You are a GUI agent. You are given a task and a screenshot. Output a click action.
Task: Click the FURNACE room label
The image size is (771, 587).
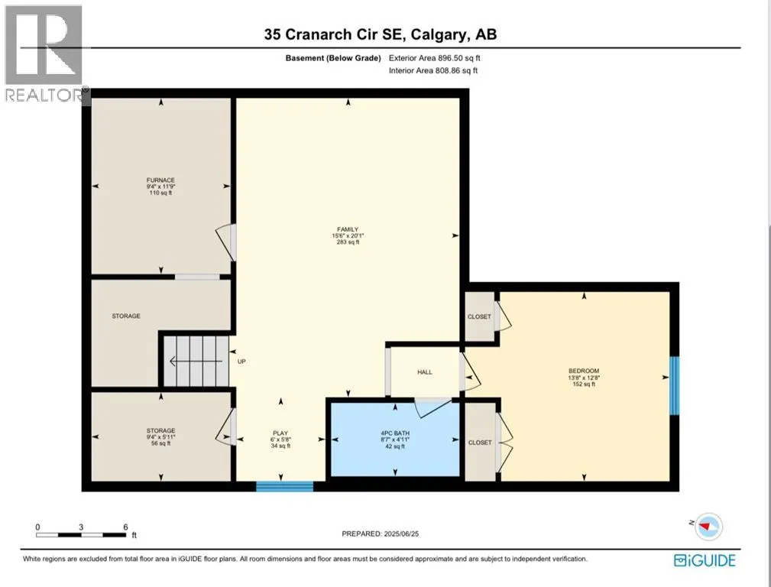point(160,180)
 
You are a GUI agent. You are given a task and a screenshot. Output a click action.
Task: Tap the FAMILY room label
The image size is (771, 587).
point(348,229)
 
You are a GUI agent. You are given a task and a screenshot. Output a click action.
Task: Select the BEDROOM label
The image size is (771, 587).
point(584,371)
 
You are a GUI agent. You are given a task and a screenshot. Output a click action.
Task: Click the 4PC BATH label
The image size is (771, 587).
point(395,433)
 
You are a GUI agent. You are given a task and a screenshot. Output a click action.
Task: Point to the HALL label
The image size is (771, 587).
point(425,372)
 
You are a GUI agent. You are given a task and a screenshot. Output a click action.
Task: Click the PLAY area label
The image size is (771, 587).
point(280,433)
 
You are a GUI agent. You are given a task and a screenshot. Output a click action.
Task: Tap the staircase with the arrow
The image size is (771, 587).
point(196,362)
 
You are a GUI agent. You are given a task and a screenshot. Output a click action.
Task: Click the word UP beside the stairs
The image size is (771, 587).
point(241,362)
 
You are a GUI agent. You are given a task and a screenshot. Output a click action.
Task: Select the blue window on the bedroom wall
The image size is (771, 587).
point(675,385)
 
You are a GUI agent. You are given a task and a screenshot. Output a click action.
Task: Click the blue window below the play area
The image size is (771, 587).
point(285,486)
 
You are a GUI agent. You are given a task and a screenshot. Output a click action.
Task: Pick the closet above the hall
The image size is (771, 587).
point(480,316)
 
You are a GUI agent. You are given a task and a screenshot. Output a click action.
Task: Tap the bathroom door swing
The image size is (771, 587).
point(432,407)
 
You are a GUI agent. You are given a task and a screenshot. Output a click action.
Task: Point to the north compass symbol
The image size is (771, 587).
point(708,526)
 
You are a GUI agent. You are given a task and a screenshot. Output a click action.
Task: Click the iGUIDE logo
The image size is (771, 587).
point(705,560)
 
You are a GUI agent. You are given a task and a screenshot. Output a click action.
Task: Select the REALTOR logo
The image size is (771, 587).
point(45,54)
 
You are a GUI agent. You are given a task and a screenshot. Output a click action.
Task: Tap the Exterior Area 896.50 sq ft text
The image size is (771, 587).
point(435,58)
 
